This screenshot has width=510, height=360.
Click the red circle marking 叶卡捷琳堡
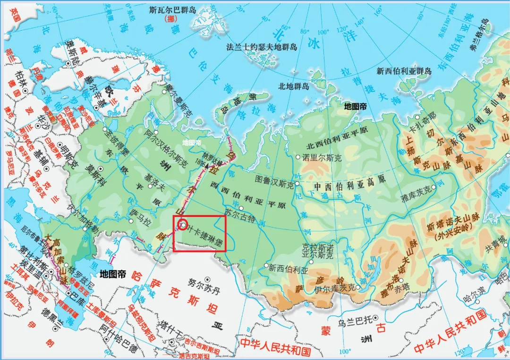click(x=183, y=225)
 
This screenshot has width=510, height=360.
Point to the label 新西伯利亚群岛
click(x=404, y=71)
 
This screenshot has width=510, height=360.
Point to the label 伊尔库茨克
click(x=334, y=288)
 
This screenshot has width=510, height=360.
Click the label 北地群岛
click(x=293, y=86)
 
